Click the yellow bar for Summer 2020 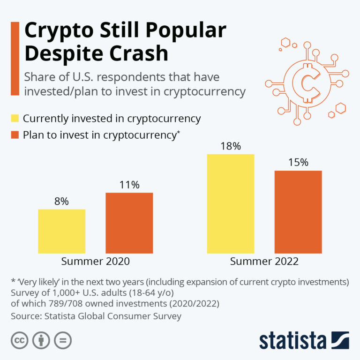[x=61, y=231]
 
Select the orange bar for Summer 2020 [x=129, y=223]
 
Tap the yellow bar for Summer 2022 [x=230, y=204]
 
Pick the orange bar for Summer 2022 [x=298, y=212]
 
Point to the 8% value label [x=61, y=202]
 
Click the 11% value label [x=129, y=185]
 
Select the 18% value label [x=230, y=146]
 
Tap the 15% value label [x=298, y=163]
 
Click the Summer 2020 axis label [x=95, y=261]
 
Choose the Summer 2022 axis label [x=264, y=261]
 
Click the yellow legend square [x=15, y=119]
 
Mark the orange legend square [x=15, y=135]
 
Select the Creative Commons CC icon [x=19, y=340]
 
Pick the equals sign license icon [x=62, y=340]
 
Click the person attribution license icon [x=40, y=340]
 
